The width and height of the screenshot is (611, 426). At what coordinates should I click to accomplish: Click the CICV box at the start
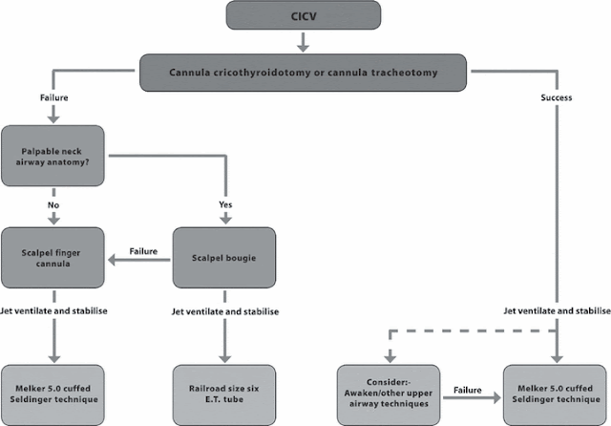pos(304,15)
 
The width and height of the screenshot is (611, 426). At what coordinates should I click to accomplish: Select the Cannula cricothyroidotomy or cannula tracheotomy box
pos(304,72)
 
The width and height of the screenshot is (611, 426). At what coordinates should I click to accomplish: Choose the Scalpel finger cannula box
pos(55,255)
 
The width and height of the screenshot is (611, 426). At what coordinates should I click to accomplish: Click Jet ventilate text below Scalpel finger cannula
pos(54,311)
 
